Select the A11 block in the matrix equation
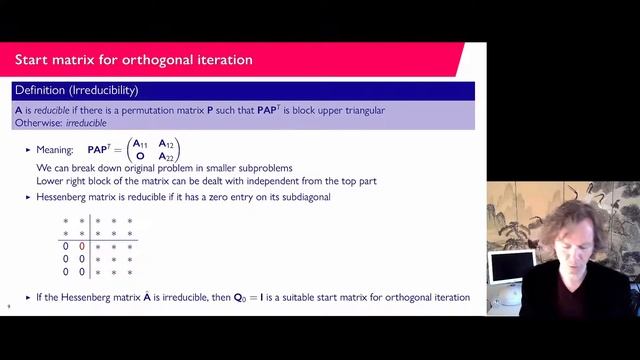[x=144, y=143]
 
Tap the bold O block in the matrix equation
[x=141, y=156]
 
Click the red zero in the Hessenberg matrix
[x=82, y=245]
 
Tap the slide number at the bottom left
[x=9, y=307]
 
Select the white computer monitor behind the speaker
[x=510, y=268]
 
